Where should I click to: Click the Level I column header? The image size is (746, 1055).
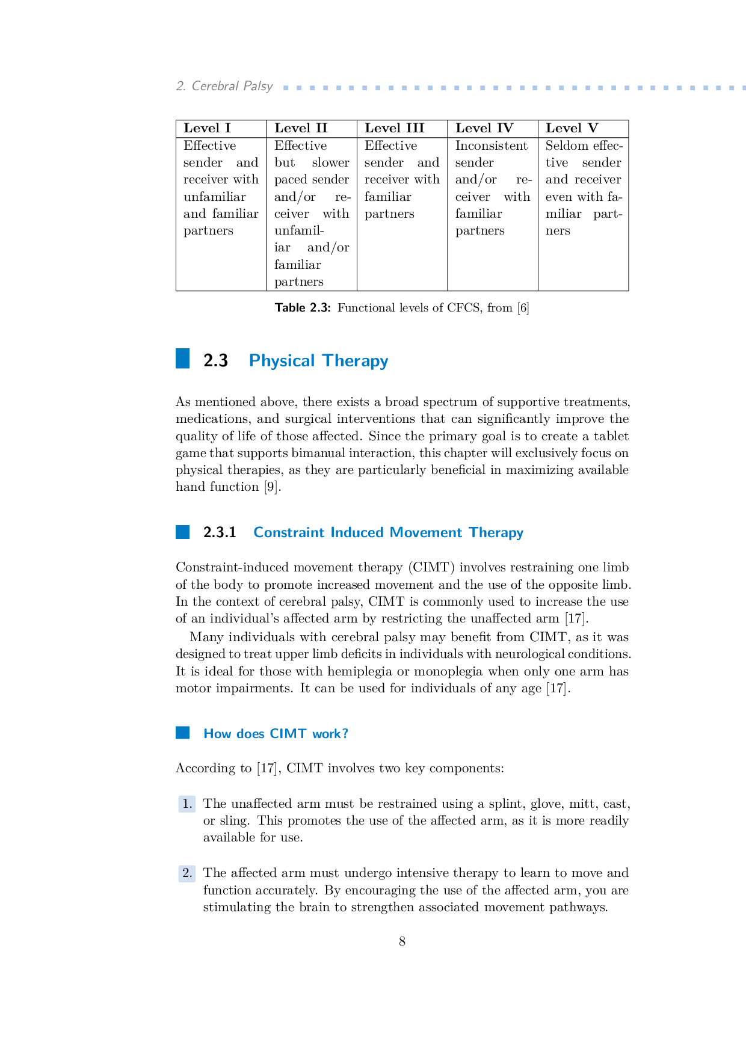click(x=207, y=128)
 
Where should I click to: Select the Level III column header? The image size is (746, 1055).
click(x=394, y=128)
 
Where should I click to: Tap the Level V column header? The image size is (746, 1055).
click(x=572, y=128)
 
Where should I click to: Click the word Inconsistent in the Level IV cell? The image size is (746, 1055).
click(x=491, y=146)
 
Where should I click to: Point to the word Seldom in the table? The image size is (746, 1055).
click(x=566, y=146)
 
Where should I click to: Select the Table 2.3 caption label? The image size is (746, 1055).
click(x=303, y=308)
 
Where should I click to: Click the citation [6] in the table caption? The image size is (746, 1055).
click(x=523, y=308)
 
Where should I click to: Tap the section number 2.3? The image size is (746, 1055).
click(x=215, y=360)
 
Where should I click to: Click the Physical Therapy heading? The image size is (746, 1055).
click(x=318, y=360)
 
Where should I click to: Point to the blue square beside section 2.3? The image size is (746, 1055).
click(x=182, y=358)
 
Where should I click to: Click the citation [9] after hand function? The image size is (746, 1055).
click(x=273, y=487)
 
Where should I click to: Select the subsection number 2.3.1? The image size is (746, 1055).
click(x=220, y=532)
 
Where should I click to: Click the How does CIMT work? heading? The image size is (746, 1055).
click(x=276, y=733)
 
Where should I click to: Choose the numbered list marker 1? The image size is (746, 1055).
click(x=187, y=804)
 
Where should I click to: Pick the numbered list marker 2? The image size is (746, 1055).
click(x=187, y=873)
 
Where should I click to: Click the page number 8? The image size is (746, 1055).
click(x=402, y=941)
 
